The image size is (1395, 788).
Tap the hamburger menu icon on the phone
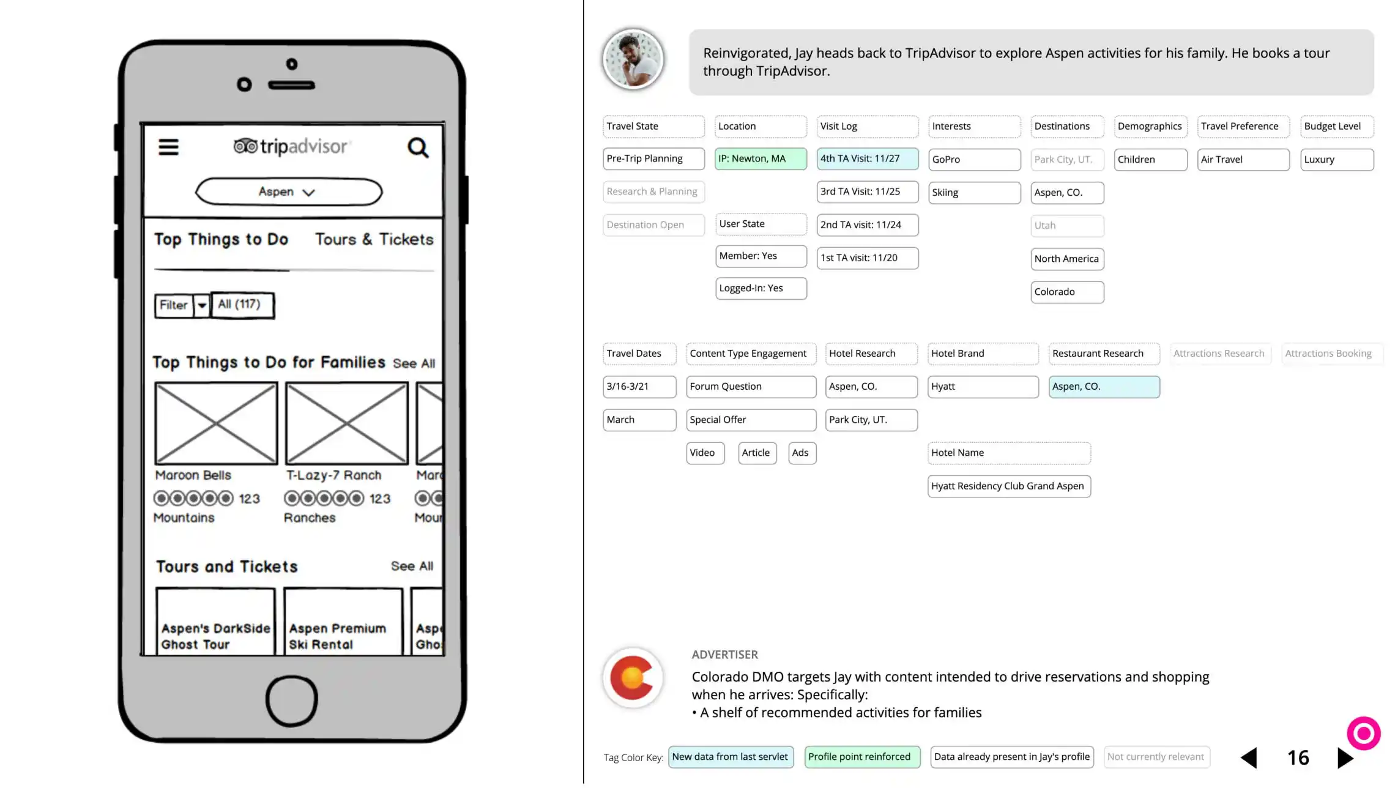click(x=168, y=147)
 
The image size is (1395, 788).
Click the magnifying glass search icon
click(x=418, y=147)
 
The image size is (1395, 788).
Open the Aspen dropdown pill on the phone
click(x=288, y=192)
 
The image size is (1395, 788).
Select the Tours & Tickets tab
click(x=374, y=239)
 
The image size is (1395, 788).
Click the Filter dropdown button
click(x=182, y=305)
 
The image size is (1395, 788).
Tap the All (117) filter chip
click(x=242, y=305)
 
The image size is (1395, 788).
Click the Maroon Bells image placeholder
click(x=216, y=423)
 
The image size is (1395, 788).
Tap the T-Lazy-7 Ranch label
click(x=333, y=475)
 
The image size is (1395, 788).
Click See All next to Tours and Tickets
click(x=412, y=567)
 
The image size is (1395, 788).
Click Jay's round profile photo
click(x=633, y=60)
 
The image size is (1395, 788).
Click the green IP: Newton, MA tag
click(x=760, y=159)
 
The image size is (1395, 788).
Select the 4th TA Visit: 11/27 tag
click(x=867, y=159)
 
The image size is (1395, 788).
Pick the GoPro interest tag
click(x=974, y=160)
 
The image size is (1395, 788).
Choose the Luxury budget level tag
click(x=1336, y=160)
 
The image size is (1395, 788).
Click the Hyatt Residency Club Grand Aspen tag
click(x=1008, y=486)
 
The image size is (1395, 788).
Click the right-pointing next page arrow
click(x=1344, y=758)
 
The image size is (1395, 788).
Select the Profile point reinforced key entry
click(x=861, y=757)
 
